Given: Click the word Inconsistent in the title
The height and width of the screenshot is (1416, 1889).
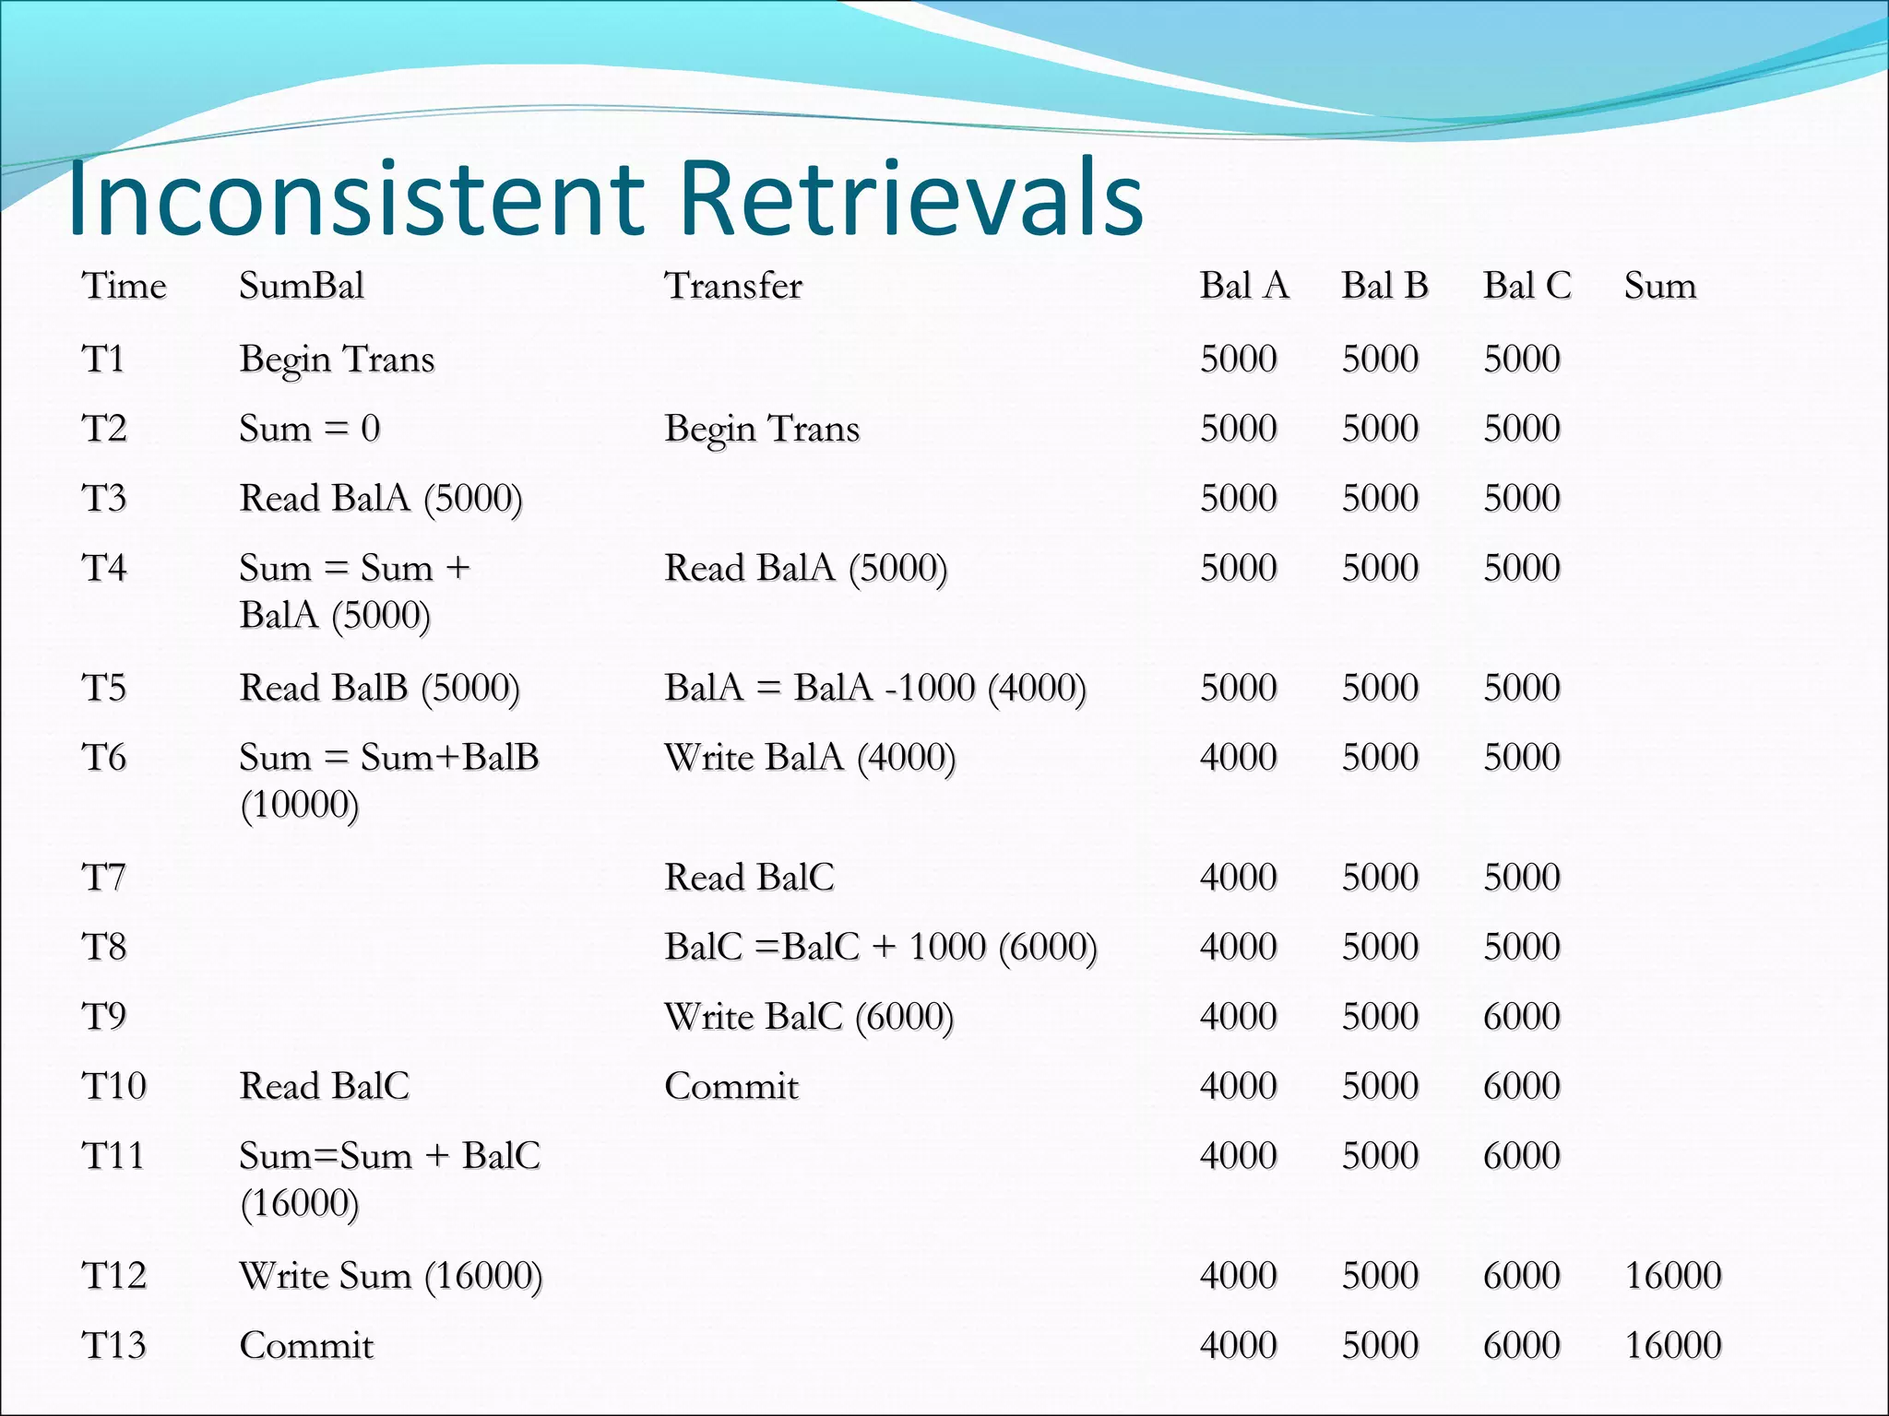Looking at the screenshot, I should (x=356, y=196).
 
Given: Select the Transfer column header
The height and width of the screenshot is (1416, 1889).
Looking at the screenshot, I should (x=733, y=286).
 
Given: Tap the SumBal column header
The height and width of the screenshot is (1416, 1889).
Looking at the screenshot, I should (x=302, y=286).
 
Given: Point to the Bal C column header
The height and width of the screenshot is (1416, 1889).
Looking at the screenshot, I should (x=1527, y=286).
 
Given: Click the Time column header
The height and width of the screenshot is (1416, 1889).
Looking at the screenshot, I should (x=124, y=286).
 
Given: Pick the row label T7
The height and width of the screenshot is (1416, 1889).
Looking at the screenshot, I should (x=103, y=877).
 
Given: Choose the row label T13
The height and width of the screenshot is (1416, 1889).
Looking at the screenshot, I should (x=113, y=1345).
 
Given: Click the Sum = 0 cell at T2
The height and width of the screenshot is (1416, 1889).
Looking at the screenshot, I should (x=309, y=429).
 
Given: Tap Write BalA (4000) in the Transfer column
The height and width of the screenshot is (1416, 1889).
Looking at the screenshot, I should (x=810, y=758).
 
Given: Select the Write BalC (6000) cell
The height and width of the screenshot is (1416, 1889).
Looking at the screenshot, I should (x=809, y=1017).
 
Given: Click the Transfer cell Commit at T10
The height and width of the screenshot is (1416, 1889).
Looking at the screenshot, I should (x=731, y=1086).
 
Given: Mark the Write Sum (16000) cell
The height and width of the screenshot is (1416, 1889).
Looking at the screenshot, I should (x=391, y=1276).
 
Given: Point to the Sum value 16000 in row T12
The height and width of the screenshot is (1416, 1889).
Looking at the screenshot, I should (x=1672, y=1276).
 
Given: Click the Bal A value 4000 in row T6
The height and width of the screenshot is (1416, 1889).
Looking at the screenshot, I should (x=1238, y=758).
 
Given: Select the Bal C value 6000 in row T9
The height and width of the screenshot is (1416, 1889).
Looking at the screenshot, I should (x=1521, y=1017).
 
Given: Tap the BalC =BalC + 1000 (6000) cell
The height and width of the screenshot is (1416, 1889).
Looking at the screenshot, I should (x=881, y=947).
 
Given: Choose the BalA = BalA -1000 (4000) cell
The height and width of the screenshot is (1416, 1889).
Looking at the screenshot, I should (x=875, y=688).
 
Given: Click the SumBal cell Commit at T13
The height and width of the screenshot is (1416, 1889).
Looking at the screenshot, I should (x=306, y=1345).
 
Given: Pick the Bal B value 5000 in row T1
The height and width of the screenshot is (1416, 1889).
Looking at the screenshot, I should (x=1380, y=359).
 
